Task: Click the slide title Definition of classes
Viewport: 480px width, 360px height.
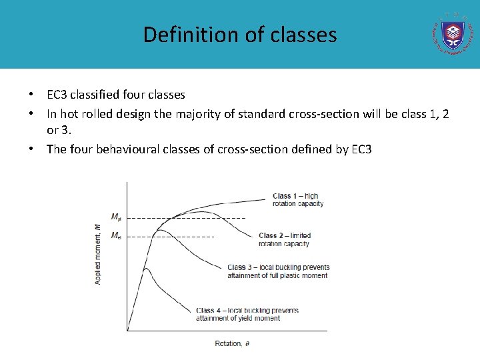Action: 240,34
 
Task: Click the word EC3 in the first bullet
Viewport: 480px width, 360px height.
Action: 57,95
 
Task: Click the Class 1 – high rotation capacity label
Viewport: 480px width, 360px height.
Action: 298,199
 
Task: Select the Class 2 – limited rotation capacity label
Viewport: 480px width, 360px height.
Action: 285,239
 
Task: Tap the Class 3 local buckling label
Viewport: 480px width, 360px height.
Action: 278,271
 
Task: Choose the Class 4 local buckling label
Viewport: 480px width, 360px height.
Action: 247,314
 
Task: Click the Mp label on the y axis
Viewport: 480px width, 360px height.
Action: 116,217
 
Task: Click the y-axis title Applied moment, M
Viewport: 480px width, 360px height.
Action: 98,254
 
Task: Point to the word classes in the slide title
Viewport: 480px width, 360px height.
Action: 307,34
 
